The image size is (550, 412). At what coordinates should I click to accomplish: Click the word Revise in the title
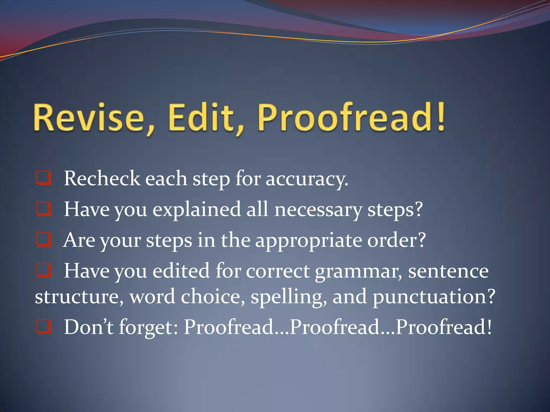click(89, 118)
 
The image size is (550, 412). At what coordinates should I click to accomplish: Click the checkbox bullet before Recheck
click(44, 178)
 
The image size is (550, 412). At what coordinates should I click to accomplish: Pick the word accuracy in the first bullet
click(306, 179)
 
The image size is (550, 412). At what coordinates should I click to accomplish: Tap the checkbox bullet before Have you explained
click(44, 209)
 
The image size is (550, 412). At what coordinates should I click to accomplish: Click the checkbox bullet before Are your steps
click(44, 240)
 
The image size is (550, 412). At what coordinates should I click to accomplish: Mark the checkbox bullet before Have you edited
click(44, 270)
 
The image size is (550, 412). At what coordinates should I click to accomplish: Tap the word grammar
click(358, 272)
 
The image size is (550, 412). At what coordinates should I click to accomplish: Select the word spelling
click(289, 297)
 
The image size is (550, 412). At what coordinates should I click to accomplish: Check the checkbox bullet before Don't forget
click(44, 327)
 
